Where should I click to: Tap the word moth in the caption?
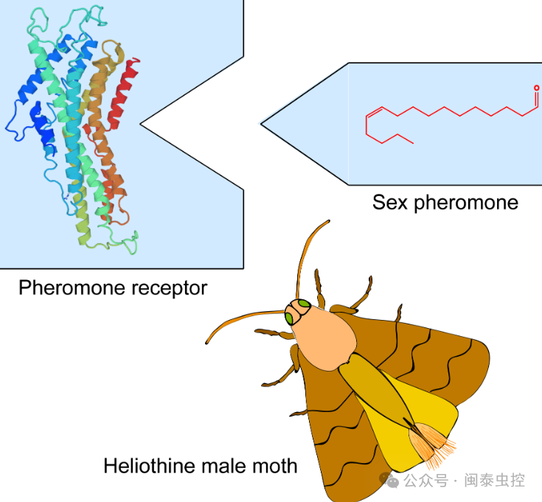click(x=276, y=466)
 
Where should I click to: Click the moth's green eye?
click(x=303, y=304)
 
